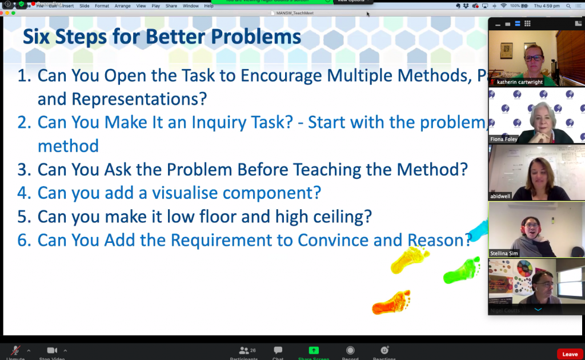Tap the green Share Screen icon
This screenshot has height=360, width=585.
point(313,351)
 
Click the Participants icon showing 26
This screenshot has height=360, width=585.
point(245,351)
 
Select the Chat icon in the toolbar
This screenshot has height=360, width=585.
point(278,351)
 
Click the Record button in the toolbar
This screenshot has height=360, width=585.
point(350,351)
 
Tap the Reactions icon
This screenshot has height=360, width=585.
point(384,351)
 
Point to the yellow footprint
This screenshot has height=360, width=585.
point(410,259)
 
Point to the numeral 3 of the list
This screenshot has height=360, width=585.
point(23,170)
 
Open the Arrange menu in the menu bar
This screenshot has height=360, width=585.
point(122,6)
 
